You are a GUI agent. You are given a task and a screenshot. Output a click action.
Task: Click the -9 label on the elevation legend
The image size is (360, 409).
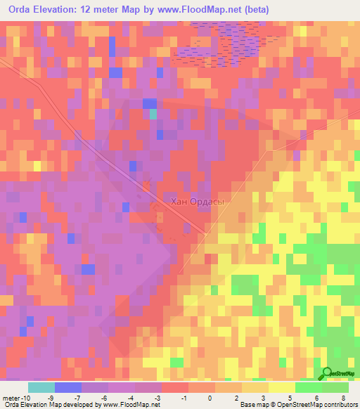tap(50, 397)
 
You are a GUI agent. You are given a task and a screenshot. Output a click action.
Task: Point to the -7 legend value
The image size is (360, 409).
tap(77, 397)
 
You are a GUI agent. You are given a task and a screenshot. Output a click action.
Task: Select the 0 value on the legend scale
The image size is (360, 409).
tap(210, 397)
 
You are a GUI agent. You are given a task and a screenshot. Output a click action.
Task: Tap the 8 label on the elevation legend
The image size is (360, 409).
tap(345, 397)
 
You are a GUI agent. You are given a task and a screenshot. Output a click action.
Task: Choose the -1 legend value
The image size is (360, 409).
tap(184, 397)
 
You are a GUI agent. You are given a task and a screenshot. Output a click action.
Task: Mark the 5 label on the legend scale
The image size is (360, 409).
tap(292, 397)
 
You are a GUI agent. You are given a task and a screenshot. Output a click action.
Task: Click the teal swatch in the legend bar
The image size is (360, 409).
tap(41, 387)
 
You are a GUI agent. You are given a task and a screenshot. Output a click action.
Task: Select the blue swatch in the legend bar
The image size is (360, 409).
tap(67, 387)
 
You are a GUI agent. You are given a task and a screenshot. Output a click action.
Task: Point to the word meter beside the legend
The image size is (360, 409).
tap(9, 397)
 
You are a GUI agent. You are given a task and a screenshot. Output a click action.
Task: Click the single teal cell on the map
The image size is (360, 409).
tap(153, 113)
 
